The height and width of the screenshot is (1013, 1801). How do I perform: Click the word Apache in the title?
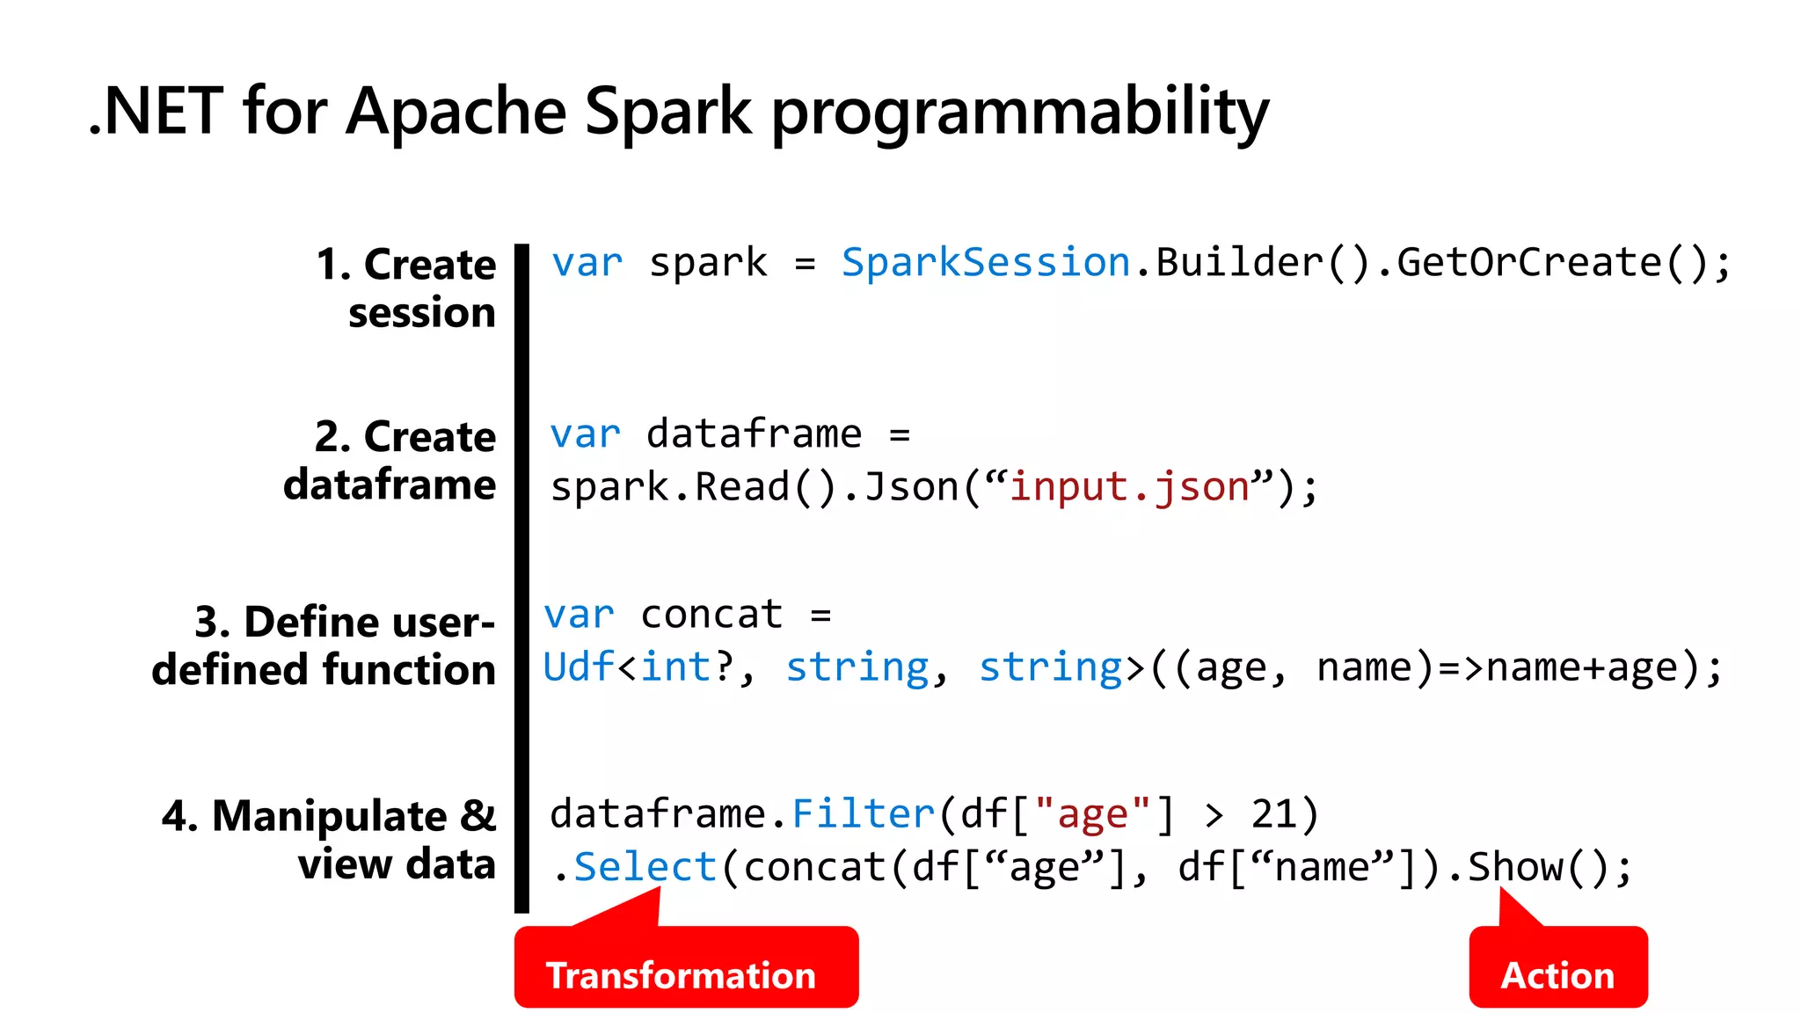[456, 112]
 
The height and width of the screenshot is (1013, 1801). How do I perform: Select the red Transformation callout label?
[681, 975]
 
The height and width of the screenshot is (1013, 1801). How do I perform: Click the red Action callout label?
[1557, 975]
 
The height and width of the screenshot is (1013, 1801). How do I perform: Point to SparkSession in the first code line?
[985, 262]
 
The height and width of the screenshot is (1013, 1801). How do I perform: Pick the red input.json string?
[1129, 486]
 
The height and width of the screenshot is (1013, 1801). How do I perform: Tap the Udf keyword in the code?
[579, 667]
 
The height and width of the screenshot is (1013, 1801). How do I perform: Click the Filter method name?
[863, 813]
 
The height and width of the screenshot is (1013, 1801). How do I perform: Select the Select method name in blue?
[645, 867]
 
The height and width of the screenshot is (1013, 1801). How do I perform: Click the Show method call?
[1515, 867]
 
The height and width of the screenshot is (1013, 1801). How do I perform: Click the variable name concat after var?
[711, 614]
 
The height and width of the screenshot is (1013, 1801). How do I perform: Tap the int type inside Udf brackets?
[675, 667]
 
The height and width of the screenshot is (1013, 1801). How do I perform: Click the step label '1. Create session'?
[407, 288]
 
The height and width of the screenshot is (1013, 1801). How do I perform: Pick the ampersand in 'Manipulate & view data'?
[478, 815]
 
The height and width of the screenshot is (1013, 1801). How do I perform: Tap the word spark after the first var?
[708, 262]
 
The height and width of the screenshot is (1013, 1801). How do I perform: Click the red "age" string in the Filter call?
[1092, 813]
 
